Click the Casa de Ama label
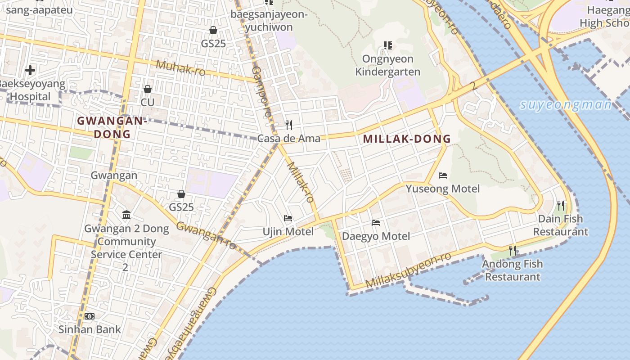(289, 138)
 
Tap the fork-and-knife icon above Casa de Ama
(289, 125)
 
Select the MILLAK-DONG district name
(407, 139)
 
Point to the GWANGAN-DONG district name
(112, 127)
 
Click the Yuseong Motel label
(443, 189)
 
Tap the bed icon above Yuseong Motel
(443, 175)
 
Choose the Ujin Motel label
(288, 232)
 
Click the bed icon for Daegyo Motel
(376, 223)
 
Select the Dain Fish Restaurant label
(561, 225)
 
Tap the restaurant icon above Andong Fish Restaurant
(513, 250)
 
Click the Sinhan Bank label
(90, 329)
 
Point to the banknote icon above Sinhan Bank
(90, 316)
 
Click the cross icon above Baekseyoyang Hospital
(30, 70)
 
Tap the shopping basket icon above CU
(147, 89)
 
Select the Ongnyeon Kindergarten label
(387, 65)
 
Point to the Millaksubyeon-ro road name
(408, 270)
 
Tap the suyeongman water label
(566, 105)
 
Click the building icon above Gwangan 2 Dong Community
(126, 215)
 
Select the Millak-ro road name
(300, 182)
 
